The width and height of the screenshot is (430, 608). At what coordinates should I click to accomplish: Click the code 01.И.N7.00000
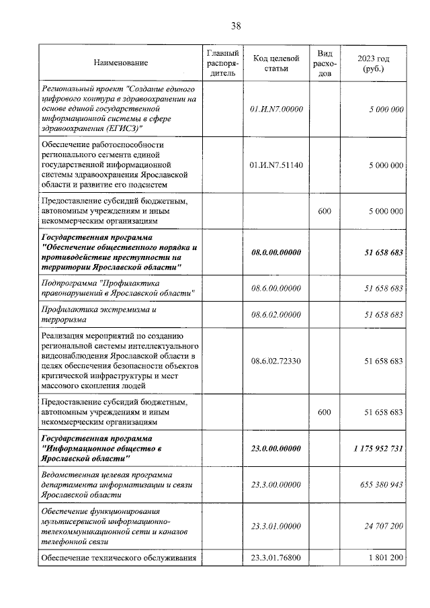[x=275, y=108]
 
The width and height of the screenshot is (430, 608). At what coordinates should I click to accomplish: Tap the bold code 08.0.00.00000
[x=275, y=252]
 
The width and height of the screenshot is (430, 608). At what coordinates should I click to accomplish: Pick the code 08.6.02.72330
[x=275, y=361]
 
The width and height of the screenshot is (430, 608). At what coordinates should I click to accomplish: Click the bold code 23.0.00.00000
[x=275, y=448]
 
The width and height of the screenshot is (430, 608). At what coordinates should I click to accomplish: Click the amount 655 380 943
[x=377, y=484]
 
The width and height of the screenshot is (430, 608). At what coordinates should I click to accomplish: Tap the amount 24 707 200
[x=380, y=526]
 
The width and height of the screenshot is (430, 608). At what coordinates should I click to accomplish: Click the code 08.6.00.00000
[x=275, y=288]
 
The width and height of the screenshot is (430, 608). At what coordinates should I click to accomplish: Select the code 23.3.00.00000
[x=275, y=484]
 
